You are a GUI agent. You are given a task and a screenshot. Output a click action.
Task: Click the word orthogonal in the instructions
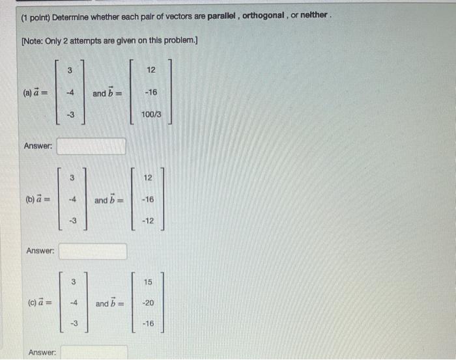(x=266, y=16)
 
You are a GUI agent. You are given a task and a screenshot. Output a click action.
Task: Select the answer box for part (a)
(x=91, y=146)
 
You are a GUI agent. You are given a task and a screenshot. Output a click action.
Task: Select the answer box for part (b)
(x=93, y=251)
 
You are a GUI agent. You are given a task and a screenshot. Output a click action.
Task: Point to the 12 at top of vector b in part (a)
(x=150, y=70)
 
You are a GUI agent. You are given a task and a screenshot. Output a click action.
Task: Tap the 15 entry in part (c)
(x=148, y=282)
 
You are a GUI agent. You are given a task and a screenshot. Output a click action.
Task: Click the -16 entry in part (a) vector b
(x=150, y=93)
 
